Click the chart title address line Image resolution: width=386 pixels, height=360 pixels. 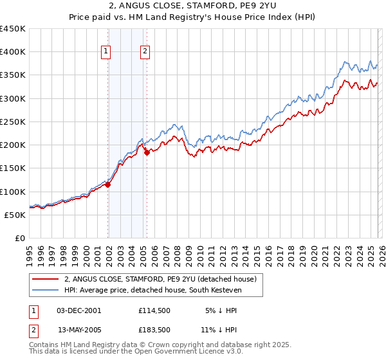(192, 6)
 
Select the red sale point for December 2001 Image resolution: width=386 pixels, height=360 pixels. (108, 184)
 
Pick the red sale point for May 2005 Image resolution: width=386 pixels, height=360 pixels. (147, 152)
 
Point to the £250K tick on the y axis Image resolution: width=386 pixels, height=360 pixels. (13, 122)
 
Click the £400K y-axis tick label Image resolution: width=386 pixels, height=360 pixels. (13, 52)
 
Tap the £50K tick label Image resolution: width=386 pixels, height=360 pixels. (15, 215)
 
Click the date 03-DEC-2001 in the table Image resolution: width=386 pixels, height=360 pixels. (78, 310)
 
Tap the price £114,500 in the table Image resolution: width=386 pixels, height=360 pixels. (154, 310)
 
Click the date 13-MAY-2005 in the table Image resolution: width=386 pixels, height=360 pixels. (79, 330)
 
